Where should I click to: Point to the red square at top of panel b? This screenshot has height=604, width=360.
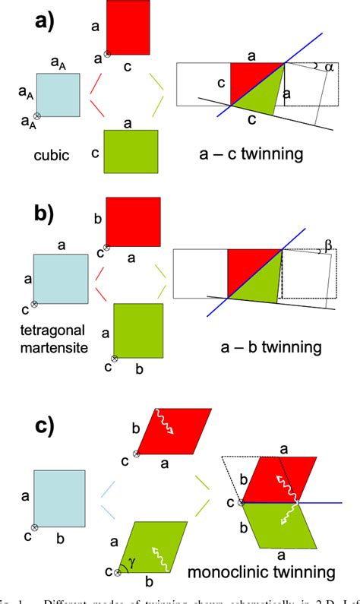pos(133,223)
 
